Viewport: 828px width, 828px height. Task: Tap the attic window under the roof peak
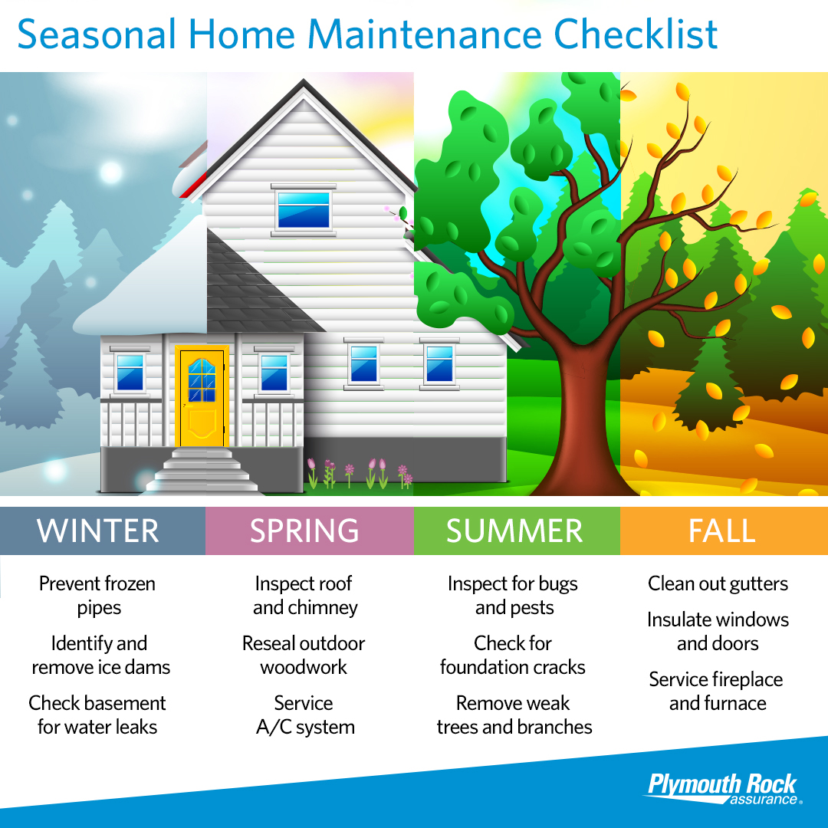[304, 209]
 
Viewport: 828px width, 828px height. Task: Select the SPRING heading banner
[304, 531]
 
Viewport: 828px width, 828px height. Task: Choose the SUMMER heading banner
[514, 531]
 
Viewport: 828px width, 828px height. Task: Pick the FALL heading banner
[722, 531]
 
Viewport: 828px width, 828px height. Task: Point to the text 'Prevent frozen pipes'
[97, 596]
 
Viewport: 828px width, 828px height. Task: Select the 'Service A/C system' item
[304, 715]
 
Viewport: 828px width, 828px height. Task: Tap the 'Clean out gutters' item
[718, 584]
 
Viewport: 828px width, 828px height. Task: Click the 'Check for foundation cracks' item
[513, 655]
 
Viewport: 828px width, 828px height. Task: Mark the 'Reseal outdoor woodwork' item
[304, 655]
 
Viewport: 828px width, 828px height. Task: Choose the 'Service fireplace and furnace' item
[717, 691]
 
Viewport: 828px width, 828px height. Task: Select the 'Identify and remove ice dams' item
[100, 655]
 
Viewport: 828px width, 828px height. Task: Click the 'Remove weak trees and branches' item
[514, 715]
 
